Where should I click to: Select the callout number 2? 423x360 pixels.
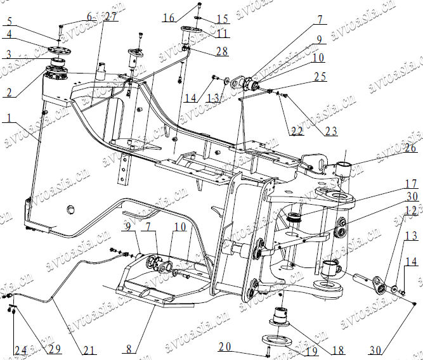9,92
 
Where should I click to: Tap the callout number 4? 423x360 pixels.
9,34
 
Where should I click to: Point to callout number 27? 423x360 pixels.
111,16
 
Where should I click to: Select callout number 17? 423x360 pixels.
394,184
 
